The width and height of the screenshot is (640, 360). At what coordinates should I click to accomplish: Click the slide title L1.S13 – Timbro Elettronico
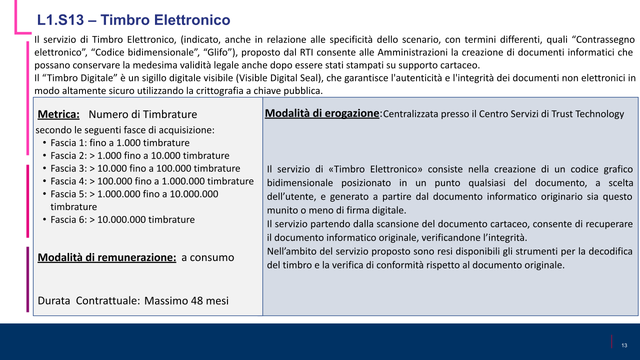[133, 20]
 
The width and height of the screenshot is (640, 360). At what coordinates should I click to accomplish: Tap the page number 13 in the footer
[624, 345]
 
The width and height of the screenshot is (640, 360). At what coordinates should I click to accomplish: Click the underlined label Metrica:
[58, 114]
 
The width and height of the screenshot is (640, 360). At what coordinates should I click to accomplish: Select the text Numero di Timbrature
[142, 114]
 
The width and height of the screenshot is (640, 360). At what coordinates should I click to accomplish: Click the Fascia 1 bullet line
[120, 143]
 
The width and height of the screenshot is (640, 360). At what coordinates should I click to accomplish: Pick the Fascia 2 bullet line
[139, 155]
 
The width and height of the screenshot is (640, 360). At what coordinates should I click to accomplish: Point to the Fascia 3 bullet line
[145, 168]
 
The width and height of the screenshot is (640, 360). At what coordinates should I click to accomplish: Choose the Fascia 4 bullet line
[152, 181]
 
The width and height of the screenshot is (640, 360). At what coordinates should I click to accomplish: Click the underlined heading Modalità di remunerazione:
[107, 257]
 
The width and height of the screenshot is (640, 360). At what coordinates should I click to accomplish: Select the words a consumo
[207, 257]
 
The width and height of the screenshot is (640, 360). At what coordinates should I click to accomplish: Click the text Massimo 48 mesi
[186, 300]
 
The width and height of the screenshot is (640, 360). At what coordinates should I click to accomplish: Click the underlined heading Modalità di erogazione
[322, 113]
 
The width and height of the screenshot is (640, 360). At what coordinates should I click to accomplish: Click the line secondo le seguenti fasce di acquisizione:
[125, 130]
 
